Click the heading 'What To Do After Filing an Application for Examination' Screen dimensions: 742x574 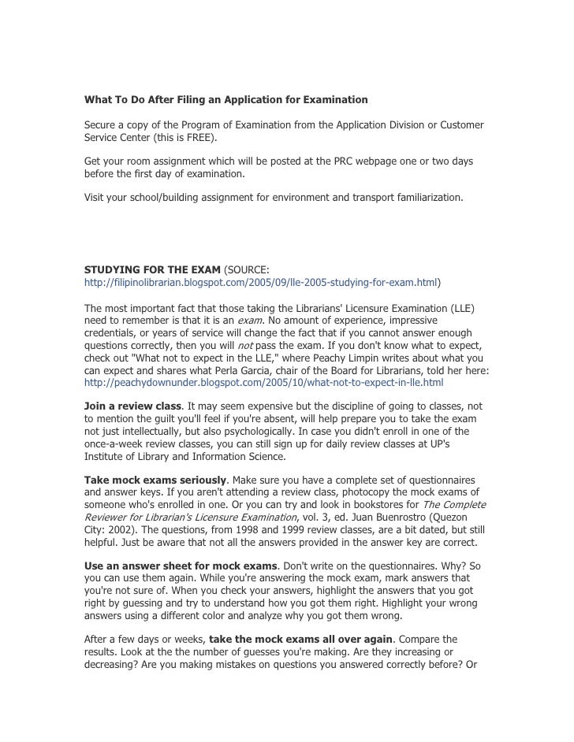(226, 101)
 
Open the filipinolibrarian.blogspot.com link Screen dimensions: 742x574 (262, 281)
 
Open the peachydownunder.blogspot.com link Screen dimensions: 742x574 (263, 383)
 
